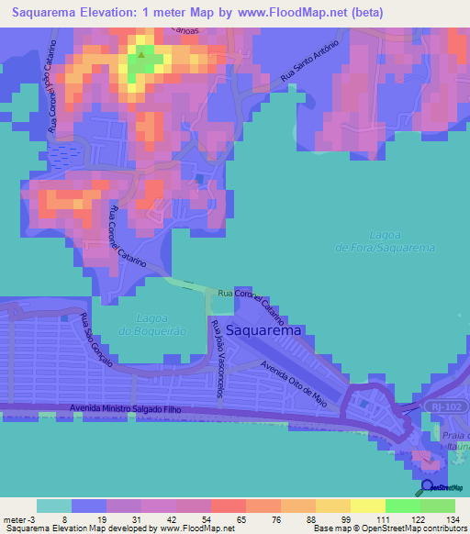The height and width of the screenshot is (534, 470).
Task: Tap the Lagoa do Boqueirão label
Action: tap(152, 324)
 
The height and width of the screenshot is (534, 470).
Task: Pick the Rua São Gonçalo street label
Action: tap(95, 341)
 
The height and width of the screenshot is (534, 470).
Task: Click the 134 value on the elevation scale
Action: tap(453, 519)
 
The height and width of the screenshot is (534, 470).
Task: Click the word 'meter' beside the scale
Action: tap(16, 519)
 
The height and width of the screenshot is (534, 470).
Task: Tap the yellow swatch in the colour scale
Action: tap(367, 506)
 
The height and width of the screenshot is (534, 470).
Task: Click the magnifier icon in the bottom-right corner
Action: tap(427, 487)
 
